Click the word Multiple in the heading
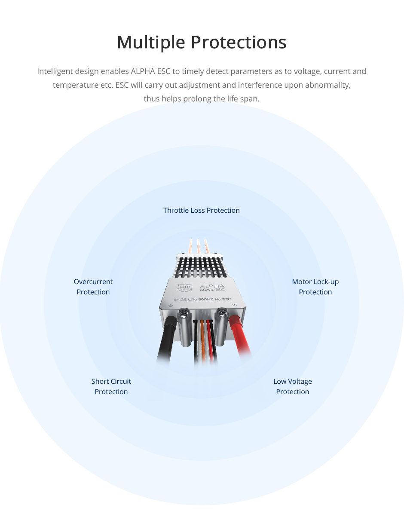151,43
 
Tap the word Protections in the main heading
239,43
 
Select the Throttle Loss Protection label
201,210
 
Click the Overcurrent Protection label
93,287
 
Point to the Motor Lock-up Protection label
315,287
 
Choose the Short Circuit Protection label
111,386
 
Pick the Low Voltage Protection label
292,386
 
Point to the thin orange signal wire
202,340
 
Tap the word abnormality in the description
328,85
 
